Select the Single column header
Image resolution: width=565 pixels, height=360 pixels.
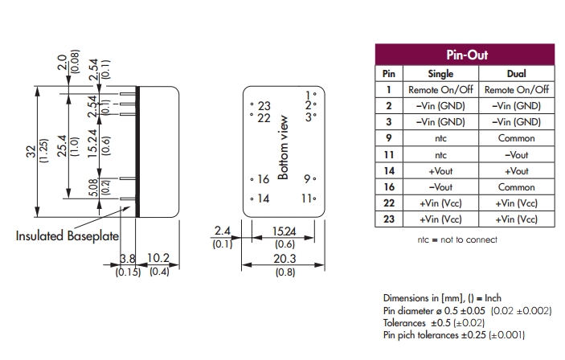click(434, 74)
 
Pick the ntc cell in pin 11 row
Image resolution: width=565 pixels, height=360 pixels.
click(434, 154)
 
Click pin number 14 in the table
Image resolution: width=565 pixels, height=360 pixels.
click(388, 170)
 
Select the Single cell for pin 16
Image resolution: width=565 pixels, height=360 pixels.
click(434, 186)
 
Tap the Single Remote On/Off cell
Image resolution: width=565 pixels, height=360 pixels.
click(434, 90)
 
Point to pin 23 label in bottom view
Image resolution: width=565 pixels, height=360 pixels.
click(264, 106)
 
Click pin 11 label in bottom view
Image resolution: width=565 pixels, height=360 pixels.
click(307, 198)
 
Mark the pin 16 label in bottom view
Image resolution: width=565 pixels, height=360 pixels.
click(262, 179)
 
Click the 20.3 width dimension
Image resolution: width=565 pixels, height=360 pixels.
click(282, 259)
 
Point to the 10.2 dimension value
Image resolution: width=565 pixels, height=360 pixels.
click(158, 259)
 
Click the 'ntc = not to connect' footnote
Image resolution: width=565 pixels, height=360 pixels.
click(457, 239)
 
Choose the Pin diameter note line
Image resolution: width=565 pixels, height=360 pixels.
click(456, 309)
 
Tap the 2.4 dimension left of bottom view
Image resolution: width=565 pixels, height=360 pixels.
click(223, 231)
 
